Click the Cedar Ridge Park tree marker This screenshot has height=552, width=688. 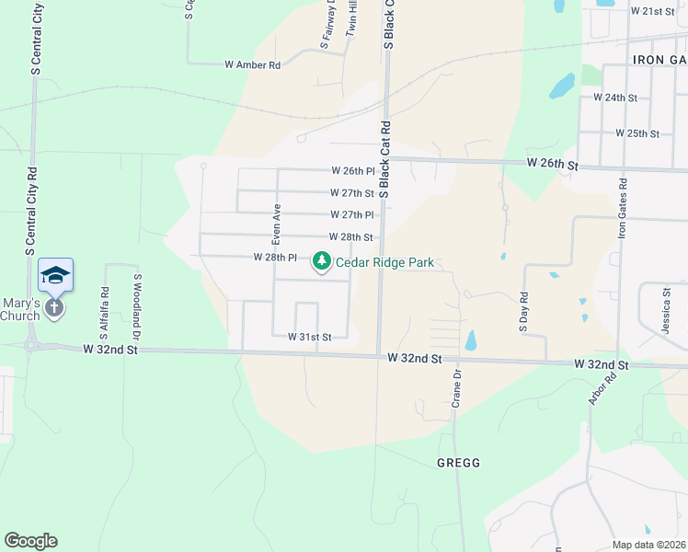click(322, 262)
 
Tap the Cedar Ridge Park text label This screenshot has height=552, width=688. click(384, 262)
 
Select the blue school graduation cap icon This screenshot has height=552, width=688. click(55, 275)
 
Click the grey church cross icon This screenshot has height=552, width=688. click(54, 307)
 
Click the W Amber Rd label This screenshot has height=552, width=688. click(252, 65)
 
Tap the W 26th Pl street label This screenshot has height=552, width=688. click(354, 171)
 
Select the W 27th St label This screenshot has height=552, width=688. click(352, 193)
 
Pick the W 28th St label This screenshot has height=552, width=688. click(351, 237)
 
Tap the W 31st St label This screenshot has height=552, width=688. click(309, 338)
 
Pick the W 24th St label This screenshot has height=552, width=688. click(615, 97)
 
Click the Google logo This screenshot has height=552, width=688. click(30, 541)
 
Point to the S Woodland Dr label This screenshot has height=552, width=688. click(137, 302)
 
